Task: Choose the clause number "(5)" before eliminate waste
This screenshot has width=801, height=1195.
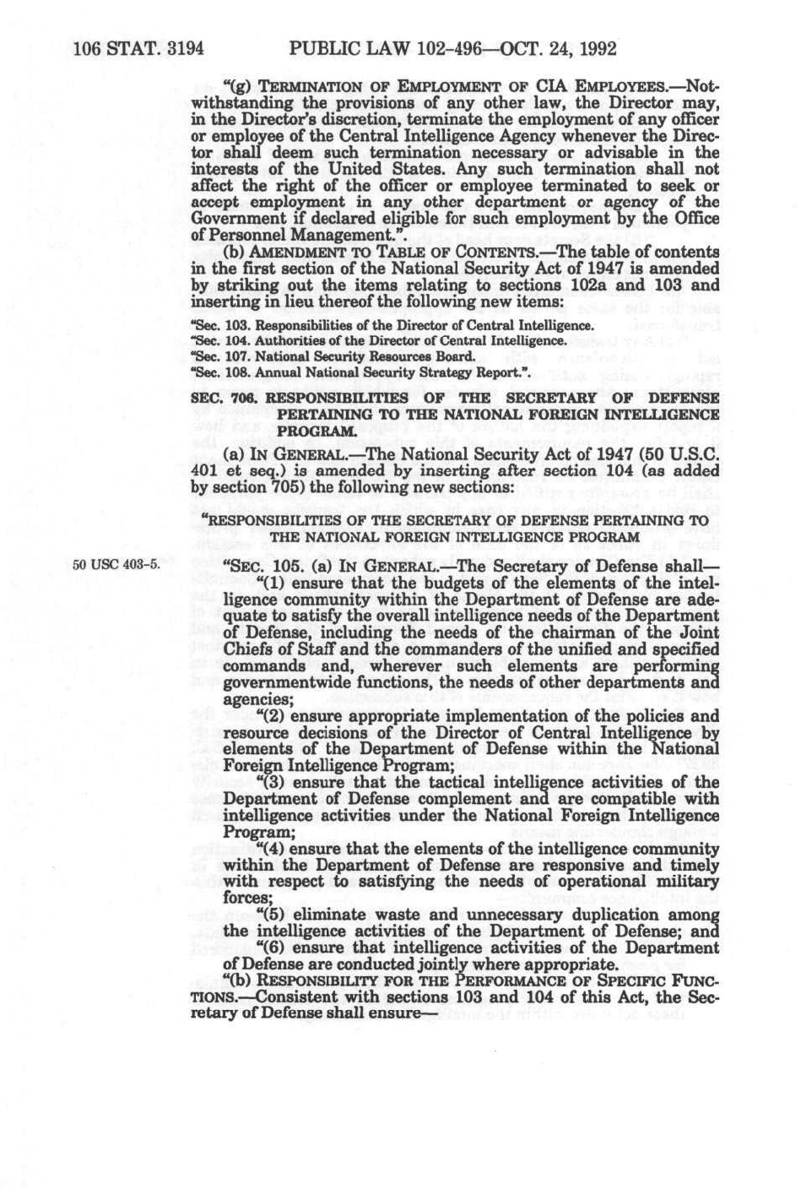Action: tap(255, 915)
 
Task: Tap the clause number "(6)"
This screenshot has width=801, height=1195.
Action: tap(255, 948)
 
